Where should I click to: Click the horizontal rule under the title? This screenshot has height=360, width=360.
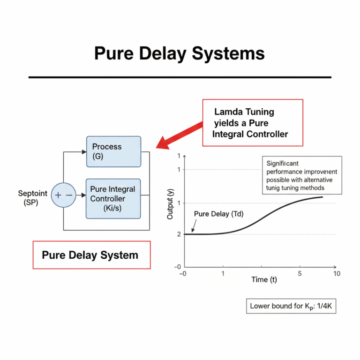[180, 77]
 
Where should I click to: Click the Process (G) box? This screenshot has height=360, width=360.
[113, 151]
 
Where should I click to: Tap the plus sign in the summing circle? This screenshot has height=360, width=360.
[58, 195]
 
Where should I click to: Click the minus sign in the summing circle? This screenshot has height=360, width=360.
[69, 195]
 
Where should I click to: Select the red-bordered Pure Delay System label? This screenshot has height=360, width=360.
[91, 255]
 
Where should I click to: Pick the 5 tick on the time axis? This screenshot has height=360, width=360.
[300, 273]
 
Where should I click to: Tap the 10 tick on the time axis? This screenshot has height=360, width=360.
[336, 273]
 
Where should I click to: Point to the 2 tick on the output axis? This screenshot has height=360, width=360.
[179, 234]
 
